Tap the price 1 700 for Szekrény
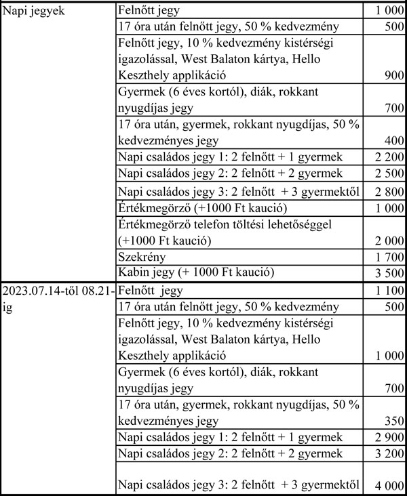point(389,257)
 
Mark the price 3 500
point(389,274)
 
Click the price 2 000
point(389,242)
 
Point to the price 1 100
point(389,291)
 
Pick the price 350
point(393,421)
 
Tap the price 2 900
point(389,437)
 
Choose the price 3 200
point(389,453)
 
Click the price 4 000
point(389,484)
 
